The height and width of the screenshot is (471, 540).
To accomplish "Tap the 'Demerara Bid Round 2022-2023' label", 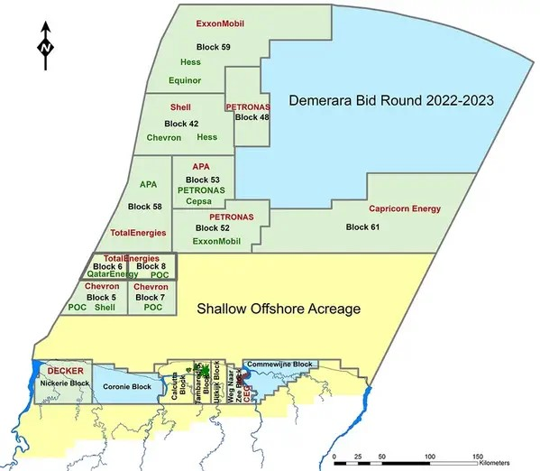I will [x=390, y=100].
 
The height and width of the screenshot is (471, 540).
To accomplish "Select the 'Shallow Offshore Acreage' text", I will [x=279, y=309].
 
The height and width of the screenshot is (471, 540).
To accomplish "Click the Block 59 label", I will [x=213, y=45].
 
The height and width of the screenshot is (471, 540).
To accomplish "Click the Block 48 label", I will [x=252, y=116].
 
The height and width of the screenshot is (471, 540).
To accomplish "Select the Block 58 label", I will [x=145, y=207].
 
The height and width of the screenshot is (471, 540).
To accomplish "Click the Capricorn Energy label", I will [x=405, y=209].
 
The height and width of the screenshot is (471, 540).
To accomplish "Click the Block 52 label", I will [x=213, y=229].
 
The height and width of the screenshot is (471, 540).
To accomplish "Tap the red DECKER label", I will [x=65, y=372].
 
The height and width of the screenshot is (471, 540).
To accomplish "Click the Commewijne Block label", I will [x=279, y=365].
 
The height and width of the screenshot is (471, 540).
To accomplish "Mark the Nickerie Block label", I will [x=65, y=383].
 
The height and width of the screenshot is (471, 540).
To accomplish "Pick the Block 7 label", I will [x=151, y=297].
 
